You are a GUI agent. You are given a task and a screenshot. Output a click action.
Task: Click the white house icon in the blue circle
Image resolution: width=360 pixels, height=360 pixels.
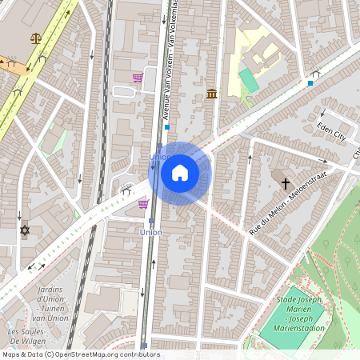180,172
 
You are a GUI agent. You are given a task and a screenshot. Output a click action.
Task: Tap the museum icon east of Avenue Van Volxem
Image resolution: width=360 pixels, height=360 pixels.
211,94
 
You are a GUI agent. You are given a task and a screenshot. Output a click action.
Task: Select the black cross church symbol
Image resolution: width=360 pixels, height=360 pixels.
286,183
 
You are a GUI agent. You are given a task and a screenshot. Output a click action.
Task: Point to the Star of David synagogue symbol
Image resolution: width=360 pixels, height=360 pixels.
24,230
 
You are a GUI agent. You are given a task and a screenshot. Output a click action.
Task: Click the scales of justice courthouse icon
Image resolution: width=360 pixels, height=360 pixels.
35,38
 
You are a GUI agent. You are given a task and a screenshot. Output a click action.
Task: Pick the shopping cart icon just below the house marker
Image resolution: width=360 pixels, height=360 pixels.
143,203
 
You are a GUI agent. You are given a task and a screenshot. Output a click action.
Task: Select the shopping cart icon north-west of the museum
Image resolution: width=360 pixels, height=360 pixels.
138,78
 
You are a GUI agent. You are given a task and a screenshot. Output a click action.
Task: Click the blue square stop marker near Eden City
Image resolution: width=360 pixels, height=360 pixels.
310,83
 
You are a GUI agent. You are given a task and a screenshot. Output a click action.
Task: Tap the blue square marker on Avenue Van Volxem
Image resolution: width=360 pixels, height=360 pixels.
166,126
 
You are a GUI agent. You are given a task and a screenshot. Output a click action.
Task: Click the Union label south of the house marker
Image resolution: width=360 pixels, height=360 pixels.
150,232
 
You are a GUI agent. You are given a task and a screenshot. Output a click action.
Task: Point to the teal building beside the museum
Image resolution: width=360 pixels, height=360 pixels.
249,80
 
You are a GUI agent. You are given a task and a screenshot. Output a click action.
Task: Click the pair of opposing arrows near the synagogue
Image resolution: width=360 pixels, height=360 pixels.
37,266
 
